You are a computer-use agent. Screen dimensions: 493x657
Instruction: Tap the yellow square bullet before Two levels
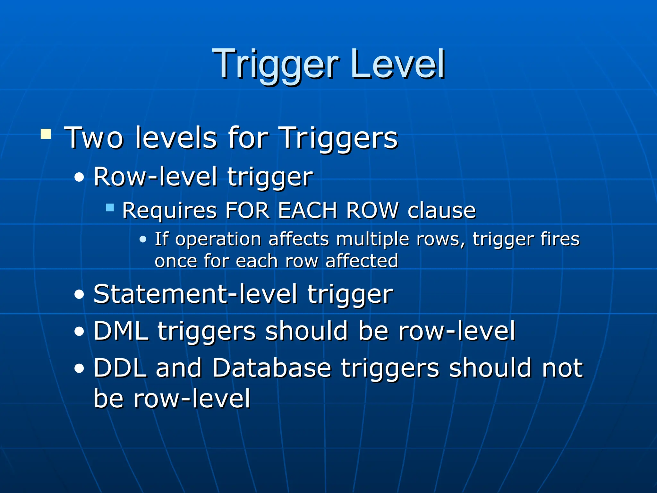(46, 134)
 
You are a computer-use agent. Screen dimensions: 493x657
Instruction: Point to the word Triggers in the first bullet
(339, 138)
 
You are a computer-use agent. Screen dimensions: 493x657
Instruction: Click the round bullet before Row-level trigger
(79, 177)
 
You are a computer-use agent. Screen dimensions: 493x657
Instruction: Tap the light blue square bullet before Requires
(110, 207)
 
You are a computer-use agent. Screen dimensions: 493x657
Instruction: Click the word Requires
(169, 211)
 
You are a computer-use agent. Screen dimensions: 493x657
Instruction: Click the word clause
(441, 211)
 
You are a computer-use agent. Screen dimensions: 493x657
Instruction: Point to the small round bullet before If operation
(143, 239)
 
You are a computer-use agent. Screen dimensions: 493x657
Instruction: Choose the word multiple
(373, 239)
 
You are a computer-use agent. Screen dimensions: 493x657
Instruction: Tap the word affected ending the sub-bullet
(362, 261)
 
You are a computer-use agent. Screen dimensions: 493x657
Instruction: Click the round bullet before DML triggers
(79, 332)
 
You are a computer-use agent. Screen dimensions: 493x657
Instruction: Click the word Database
(271, 368)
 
